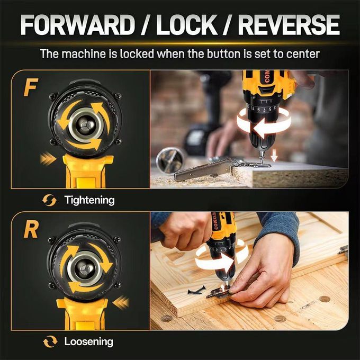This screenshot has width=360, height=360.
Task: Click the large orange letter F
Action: click(30, 88)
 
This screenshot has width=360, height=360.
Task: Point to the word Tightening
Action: click(89, 200)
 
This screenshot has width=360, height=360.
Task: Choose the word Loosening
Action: click(88, 341)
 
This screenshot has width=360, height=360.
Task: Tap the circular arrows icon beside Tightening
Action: click(50, 200)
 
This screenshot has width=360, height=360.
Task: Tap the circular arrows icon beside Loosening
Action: click(50, 341)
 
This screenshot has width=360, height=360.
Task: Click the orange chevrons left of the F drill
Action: click(48, 158)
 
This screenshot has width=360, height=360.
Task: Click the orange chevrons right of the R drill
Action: click(121, 302)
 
